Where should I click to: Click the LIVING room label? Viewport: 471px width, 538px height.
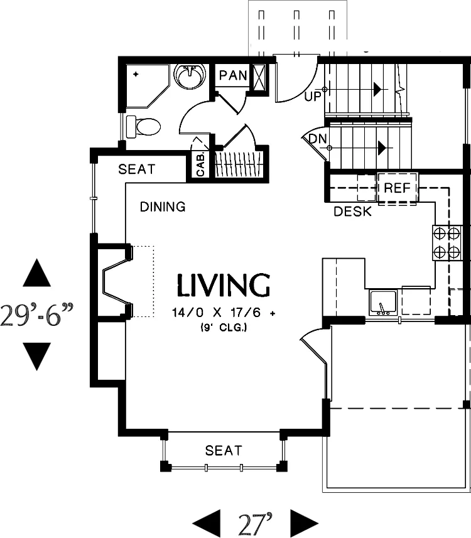pyautogui.click(x=223, y=285)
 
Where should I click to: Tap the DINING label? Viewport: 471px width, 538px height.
pyautogui.click(x=163, y=207)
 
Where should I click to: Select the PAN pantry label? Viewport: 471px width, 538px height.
pyautogui.click(x=233, y=75)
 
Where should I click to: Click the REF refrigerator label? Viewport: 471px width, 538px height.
pyautogui.click(x=397, y=188)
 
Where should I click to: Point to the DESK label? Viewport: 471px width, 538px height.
pyautogui.click(x=352, y=212)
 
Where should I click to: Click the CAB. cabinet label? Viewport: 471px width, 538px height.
pyautogui.click(x=200, y=164)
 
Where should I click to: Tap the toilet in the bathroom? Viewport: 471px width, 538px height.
pyautogui.click(x=143, y=127)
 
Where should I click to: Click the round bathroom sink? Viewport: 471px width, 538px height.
pyautogui.click(x=190, y=76)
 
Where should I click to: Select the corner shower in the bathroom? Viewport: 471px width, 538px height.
pyautogui.click(x=148, y=86)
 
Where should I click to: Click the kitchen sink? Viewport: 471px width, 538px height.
pyautogui.click(x=383, y=303)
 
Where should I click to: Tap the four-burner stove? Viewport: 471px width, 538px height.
pyautogui.click(x=447, y=242)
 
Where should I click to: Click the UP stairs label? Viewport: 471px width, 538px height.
pyautogui.click(x=312, y=97)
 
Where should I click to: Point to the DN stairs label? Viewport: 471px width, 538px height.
pyautogui.click(x=318, y=139)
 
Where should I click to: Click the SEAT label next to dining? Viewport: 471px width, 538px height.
pyautogui.click(x=137, y=169)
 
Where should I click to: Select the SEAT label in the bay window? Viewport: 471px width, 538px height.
pyautogui.click(x=224, y=450)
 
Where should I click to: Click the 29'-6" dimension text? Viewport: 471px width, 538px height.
pyautogui.click(x=36, y=315)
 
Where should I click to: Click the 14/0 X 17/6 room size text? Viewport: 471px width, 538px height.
pyautogui.click(x=224, y=313)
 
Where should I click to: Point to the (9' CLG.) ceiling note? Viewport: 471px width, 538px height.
pyautogui.click(x=224, y=328)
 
